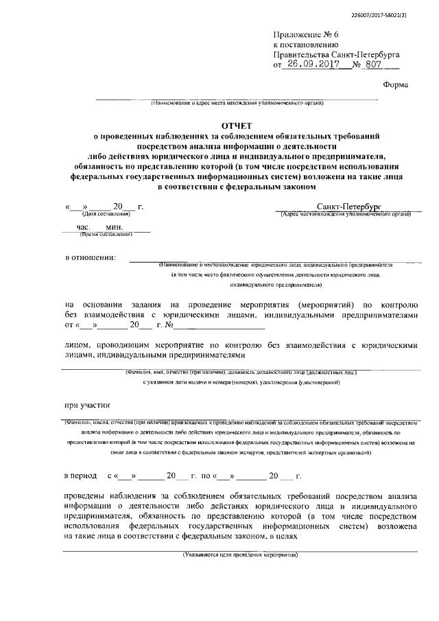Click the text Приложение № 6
(300, 33)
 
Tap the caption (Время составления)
(106, 234)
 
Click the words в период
(82, 475)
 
